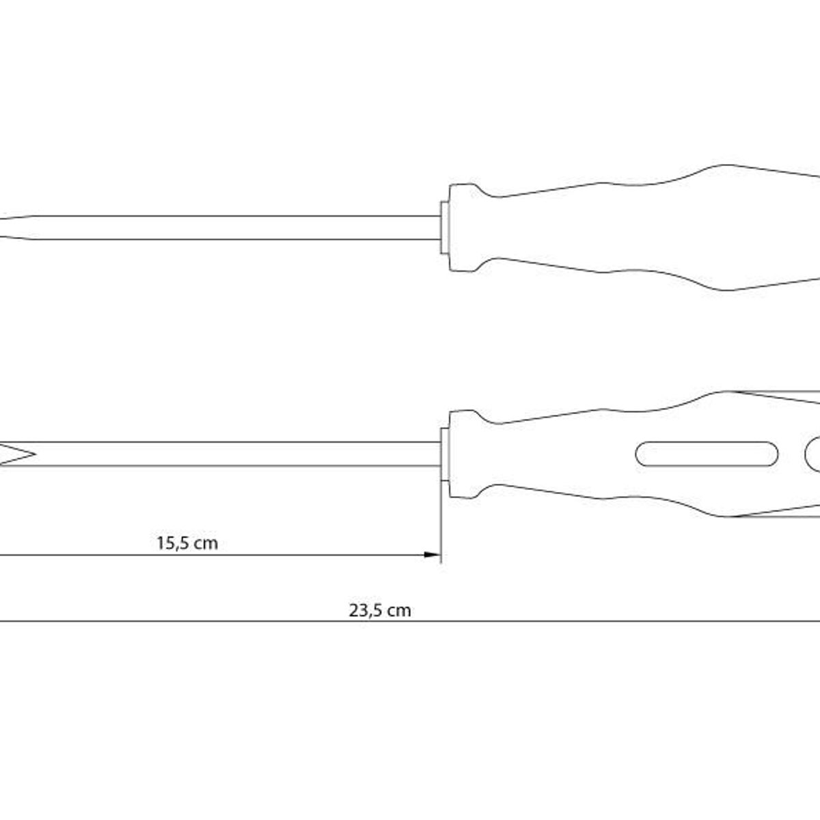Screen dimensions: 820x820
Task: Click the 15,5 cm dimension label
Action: click(x=187, y=543)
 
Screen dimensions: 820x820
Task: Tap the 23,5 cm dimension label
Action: click(x=380, y=611)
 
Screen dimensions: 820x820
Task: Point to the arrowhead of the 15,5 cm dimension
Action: click(x=432, y=555)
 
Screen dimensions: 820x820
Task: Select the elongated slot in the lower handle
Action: click(x=707, y=454)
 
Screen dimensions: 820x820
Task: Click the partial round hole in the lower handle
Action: click(x=812, y=454)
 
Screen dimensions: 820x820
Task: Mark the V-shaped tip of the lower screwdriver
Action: click(x=17, y=454)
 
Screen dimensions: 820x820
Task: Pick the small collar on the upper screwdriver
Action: click(x=445, y=228)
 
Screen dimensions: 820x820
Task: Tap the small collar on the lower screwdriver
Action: click(x=445, y=454)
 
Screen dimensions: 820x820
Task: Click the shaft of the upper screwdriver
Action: click(x=237, y=228)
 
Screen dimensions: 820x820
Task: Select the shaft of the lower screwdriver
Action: click(x=237, y=454)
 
